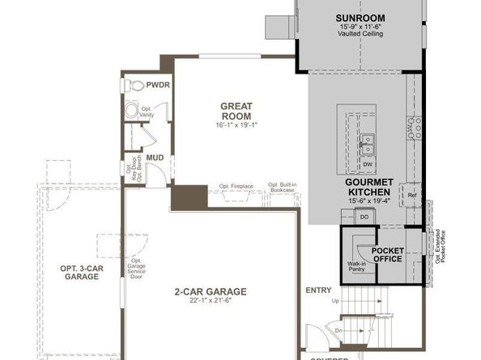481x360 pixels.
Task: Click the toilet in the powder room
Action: (136, 85)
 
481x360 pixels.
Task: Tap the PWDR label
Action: (158, 84)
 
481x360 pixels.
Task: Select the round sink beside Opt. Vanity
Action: (131, 109)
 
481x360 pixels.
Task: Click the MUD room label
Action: (155, 159)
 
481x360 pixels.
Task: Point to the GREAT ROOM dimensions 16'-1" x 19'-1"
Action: (237, 125)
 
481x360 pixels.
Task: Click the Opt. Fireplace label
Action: (236, 186)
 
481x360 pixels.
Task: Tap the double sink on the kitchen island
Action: (368, 144)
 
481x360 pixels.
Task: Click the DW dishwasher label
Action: (367, 164)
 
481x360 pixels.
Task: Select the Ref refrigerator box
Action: (412, 195)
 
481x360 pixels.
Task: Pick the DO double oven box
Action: (364, 217)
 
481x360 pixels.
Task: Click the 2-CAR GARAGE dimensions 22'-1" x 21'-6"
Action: (211, 302)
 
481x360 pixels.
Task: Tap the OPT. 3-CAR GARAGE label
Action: (79, 272)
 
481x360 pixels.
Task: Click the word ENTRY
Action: (318, 290)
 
